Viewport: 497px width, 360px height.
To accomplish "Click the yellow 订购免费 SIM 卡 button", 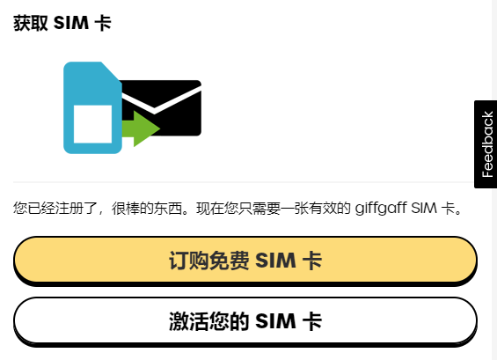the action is (x=245, y=261).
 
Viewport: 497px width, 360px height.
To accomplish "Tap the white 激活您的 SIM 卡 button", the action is (x=245, y=321).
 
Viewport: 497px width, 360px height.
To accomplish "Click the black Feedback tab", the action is (x=486, y=144).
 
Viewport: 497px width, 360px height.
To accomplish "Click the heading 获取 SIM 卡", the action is (x=62, y=23).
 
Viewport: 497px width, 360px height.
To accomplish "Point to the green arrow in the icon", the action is (x=141, y=129).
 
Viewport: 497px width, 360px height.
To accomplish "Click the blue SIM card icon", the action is (x=92, y=108).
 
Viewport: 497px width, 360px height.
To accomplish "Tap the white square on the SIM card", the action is (x=92, y=124).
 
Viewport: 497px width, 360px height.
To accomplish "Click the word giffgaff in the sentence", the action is (x=381, y=209).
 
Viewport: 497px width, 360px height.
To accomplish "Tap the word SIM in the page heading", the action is (x=71, y=23).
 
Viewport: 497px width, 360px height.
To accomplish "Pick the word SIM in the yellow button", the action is (x=275, y=261).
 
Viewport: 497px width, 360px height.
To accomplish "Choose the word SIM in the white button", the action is (x=275, y=321).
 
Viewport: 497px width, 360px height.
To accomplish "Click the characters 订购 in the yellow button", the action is (x=188, y=261).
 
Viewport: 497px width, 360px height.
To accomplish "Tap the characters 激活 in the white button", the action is (x=188, y=321).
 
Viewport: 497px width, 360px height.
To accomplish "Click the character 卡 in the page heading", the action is (x=103, y=23).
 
